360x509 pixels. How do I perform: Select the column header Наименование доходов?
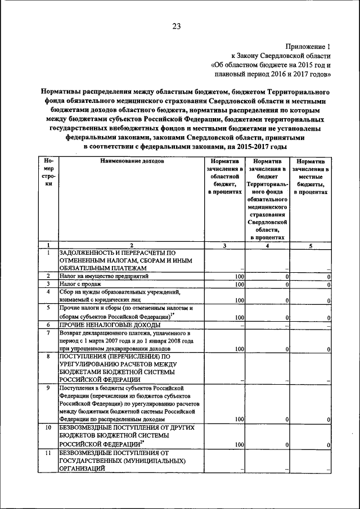(x=132, y=161)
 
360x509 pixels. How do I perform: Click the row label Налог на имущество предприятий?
(x=105, y=277)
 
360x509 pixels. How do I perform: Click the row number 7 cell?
(x=48, y=334)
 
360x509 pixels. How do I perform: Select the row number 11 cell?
(x=48, y=453)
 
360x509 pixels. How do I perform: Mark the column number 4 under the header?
(x=267, y=245)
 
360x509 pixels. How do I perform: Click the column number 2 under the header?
(x=132, y=245)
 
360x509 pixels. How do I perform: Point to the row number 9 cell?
(x=48, y=388)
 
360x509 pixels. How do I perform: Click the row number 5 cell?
(x=48, y=308)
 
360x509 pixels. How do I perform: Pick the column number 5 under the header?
(x=311, y=245)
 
